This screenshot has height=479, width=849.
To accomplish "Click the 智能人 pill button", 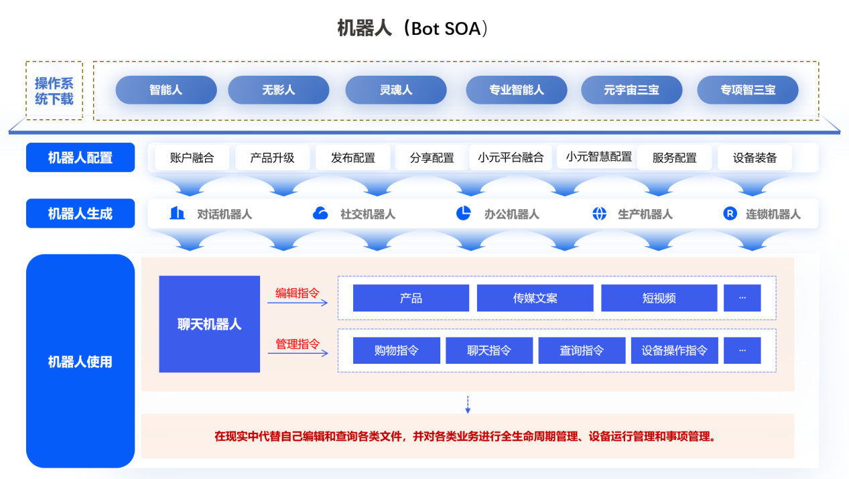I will click(166, 90).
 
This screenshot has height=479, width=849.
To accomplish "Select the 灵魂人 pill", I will click(395, 90).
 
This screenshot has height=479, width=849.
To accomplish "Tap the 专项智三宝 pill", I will click(747, 90).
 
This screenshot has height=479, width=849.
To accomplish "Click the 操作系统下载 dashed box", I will click(54, 90).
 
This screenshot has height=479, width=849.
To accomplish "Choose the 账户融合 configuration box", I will click(192, 158).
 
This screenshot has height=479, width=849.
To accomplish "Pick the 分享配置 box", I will click(432, 158).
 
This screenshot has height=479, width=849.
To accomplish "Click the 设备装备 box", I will click(755, 158).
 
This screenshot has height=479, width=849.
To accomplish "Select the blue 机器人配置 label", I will click(80, 157).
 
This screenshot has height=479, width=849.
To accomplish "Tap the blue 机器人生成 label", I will click(80, 214).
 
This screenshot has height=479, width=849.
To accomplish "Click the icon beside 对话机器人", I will click(177, 213).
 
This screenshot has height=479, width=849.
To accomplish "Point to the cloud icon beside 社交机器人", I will click(320, 214).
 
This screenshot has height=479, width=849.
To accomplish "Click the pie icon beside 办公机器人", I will click(463, 213).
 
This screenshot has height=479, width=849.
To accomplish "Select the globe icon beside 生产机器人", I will click(599, 214).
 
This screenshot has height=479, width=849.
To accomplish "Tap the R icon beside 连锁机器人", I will click(730, 214).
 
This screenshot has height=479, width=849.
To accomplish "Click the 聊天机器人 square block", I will click(209, 324).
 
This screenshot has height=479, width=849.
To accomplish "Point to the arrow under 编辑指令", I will click(298, 303).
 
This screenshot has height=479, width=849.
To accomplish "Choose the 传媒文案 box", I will click(535, 298).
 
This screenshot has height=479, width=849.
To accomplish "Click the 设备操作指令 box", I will click(674, 350).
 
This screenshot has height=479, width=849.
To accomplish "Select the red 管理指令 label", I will click(298, 344).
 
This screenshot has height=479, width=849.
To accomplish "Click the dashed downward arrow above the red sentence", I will click(468, 404).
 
